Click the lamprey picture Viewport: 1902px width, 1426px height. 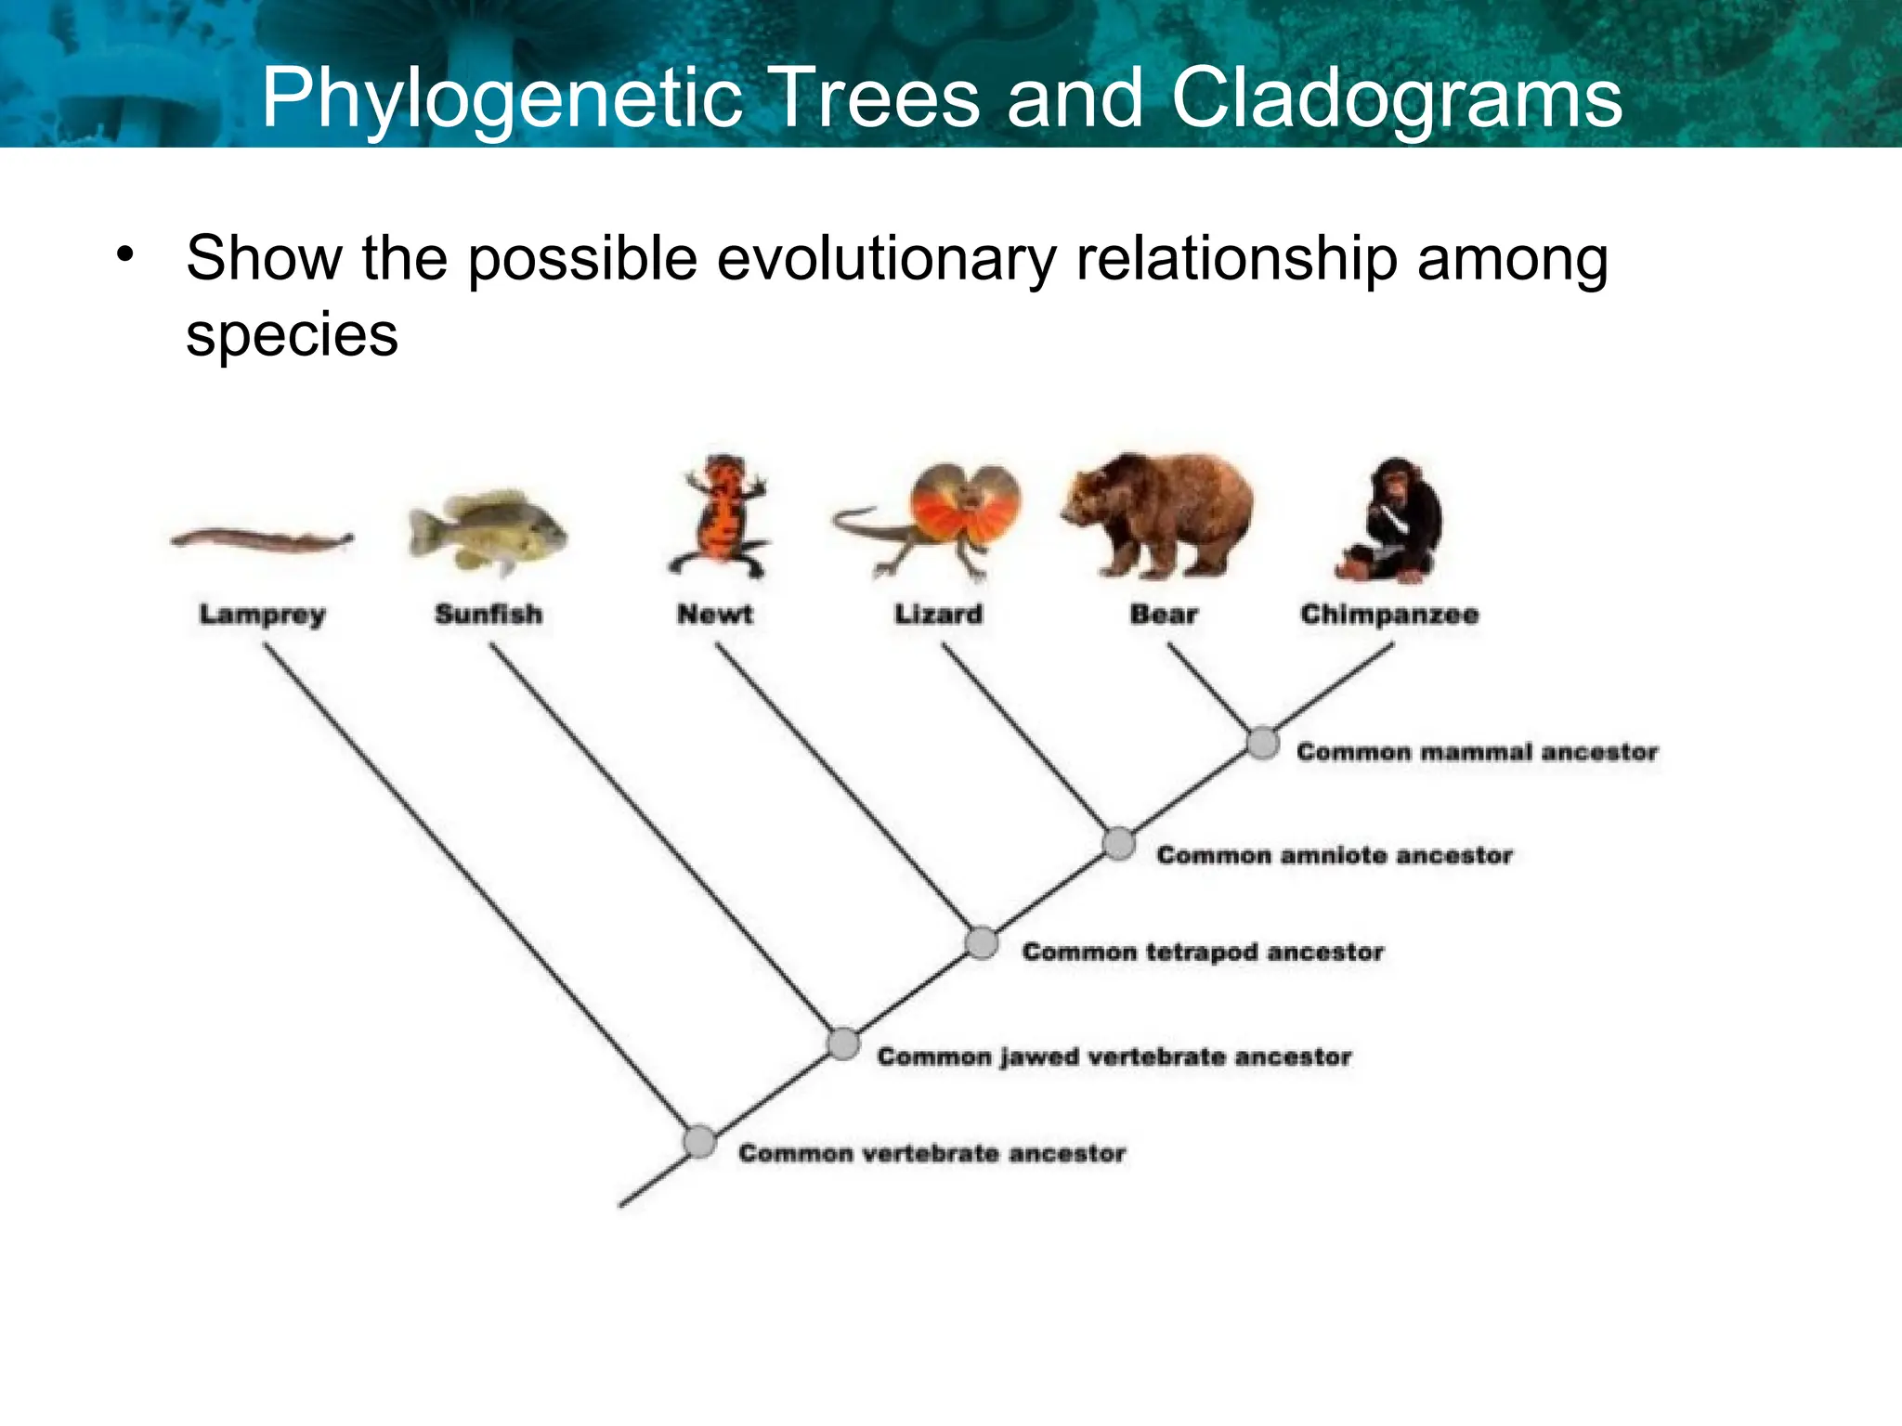click(262, 539)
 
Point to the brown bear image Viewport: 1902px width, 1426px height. click(1159, 514)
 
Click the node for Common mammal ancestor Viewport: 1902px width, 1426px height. click(1262, 744)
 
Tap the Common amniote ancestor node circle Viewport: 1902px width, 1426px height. click(1119, 844)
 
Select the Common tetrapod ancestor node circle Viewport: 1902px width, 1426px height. click(982, 943)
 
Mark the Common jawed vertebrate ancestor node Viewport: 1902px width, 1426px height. click(843, 1044)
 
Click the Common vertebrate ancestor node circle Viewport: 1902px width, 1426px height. click(699, 1142)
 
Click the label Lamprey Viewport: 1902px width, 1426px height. click(263, 615)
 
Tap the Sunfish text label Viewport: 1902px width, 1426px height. click(489, 615)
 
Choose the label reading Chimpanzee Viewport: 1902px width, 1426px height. click(1389, 615)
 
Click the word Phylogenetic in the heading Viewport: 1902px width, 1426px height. click(502, 98)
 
